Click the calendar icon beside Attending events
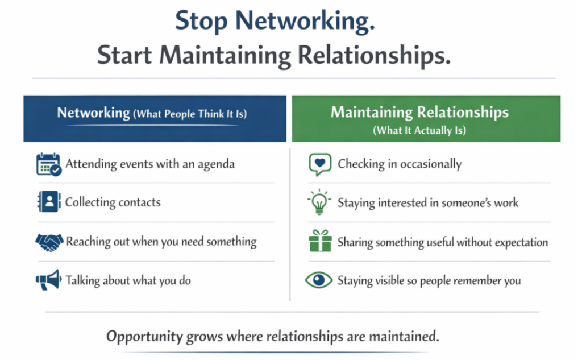pyautogui.click(x=48, y=164)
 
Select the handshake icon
pyautogui.click(x=49, y=242)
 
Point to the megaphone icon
pyautogui.click(x=48, y=280)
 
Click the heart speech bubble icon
pyautogui.click(x=319, y=164)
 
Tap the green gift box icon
pyautogui.click(x=320, y=241)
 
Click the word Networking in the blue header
pyautogui.click(x=93, y=113)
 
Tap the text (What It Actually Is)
pyautogui.click(x=419, y=130)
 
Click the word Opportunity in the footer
pyautogui.click(x=144, y=336)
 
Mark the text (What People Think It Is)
pyautogui.click(x=190, y=114)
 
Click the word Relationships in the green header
pyautogui.click(x=462, y=112)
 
